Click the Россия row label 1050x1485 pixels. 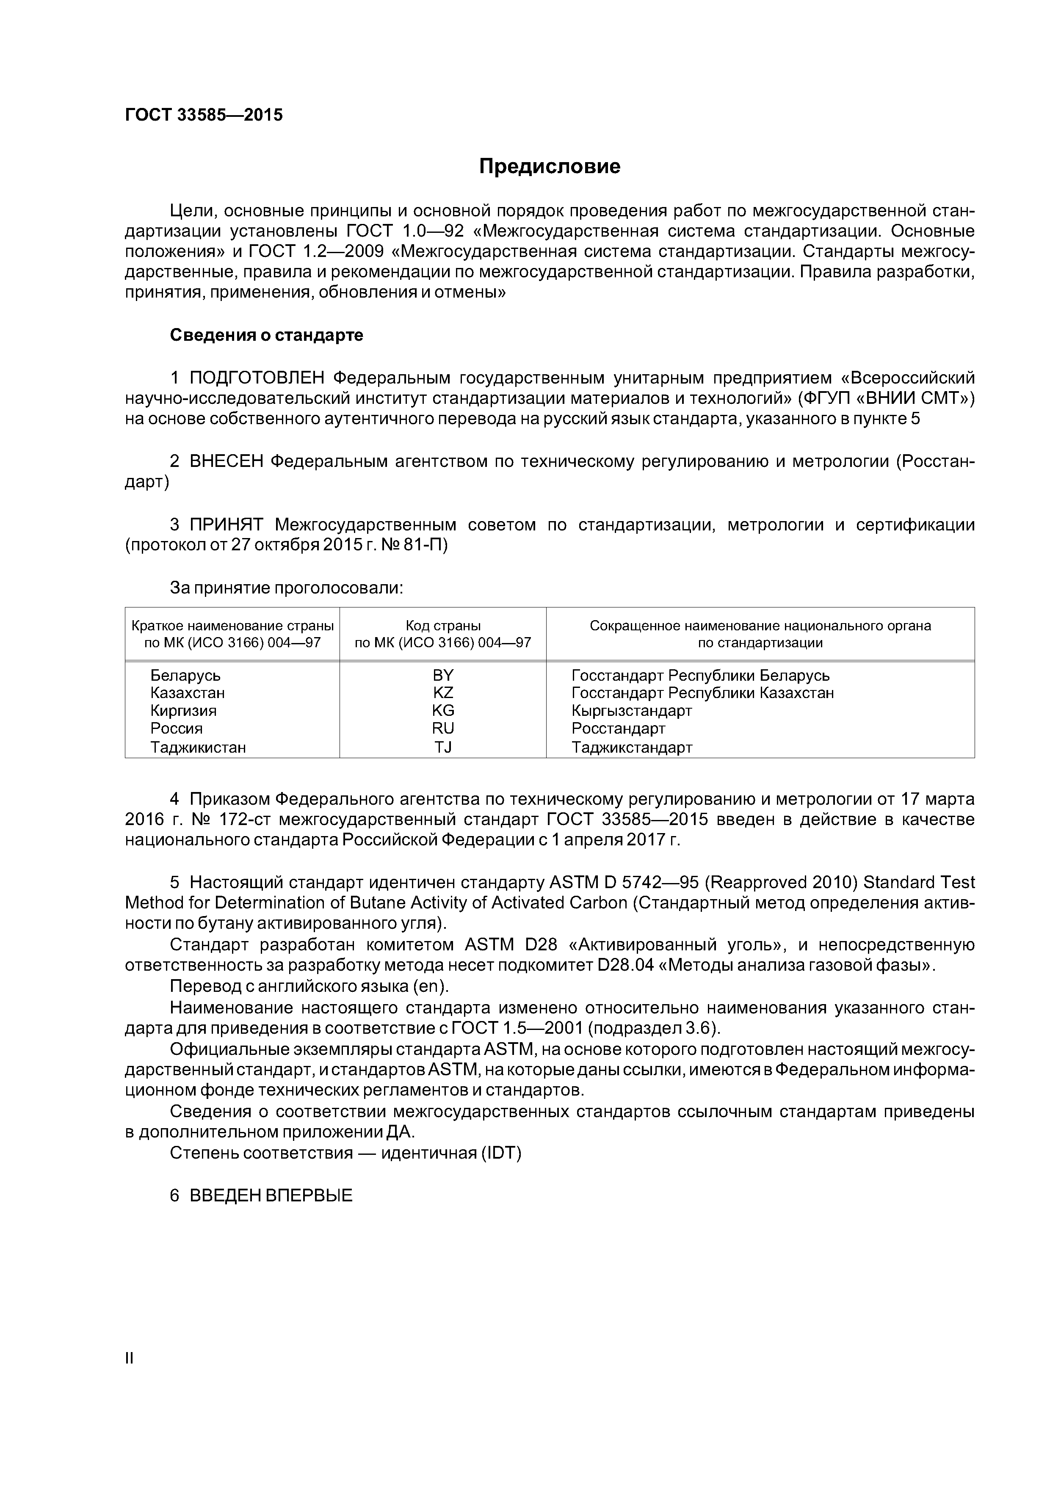pyautogui.click(x=176, y=728)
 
